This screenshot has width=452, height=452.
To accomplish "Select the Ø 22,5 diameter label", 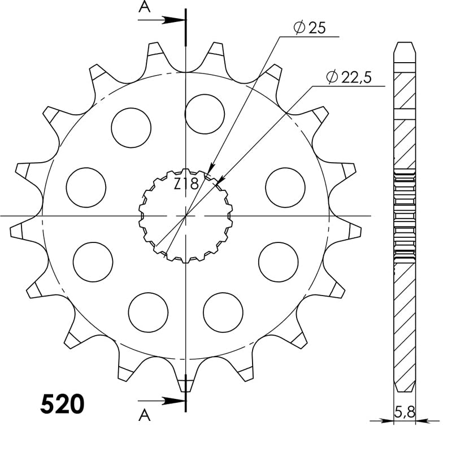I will pyautogui.click(x=348, y=78).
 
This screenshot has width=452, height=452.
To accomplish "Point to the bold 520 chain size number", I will pyautogui.click(x=62, y=405).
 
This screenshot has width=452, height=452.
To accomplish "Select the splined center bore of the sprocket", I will pyautogui.click(x=185, y=216).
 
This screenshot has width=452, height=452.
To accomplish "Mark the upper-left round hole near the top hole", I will pyautogui.click(x=131, y=127).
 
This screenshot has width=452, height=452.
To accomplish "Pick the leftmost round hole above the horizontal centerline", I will pyautogui.click(x=86, y=187).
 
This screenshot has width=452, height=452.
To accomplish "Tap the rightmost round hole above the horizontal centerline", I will pyautogui.click(x=285, y=187).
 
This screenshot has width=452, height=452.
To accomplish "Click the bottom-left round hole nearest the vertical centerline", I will pyautogui.click(x=148, y=312).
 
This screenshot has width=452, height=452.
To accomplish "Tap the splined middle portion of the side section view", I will pyautogui.click(x=404, y=215).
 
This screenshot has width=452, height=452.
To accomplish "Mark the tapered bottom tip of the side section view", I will pyautogui.click(x=404, y=384).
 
